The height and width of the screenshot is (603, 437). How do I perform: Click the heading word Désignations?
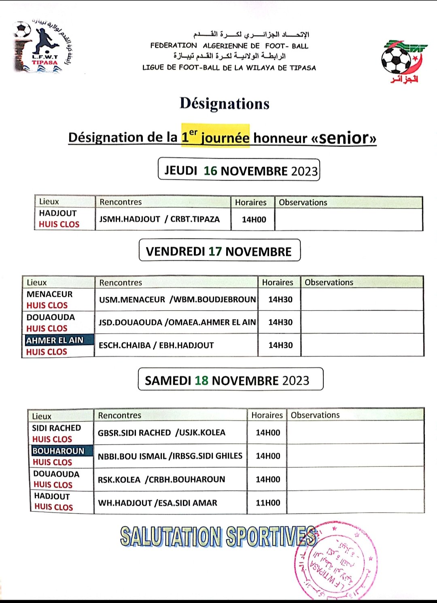225,104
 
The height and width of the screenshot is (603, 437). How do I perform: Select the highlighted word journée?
225,138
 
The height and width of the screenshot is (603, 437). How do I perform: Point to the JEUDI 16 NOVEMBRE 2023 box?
239,169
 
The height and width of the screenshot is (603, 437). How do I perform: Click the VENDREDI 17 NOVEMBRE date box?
219,251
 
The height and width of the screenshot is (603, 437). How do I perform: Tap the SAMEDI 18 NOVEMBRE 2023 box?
230,379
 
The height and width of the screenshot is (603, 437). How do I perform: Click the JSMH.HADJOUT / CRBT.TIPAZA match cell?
160,219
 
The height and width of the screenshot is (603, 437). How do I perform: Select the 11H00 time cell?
268,503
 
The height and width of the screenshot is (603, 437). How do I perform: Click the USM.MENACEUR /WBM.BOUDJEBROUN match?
177,299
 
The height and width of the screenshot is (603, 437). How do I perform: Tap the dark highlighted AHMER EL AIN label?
55,340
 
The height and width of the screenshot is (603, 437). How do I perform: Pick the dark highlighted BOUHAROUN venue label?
59,451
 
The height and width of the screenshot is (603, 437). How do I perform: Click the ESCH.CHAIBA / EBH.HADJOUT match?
156,345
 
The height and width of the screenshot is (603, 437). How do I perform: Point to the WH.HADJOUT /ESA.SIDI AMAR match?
157,503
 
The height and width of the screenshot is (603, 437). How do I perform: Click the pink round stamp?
336,561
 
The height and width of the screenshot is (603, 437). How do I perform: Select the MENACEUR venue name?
50,294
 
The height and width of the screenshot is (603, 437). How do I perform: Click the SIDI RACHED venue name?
57,428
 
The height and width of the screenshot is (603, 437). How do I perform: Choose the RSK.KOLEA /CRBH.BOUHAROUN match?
161,479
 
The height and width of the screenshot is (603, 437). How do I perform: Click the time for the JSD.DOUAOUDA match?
280,322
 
